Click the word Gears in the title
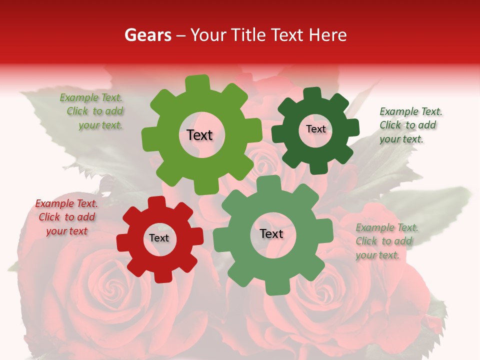[147, 35]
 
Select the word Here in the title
[327, 35]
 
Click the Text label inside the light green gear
[199, 135]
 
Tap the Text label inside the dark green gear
[315, 129]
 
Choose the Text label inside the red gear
[159, 238]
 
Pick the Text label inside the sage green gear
[271, 234]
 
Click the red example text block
[66, 217]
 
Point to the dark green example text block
[410, 125]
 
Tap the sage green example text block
[386, 241]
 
